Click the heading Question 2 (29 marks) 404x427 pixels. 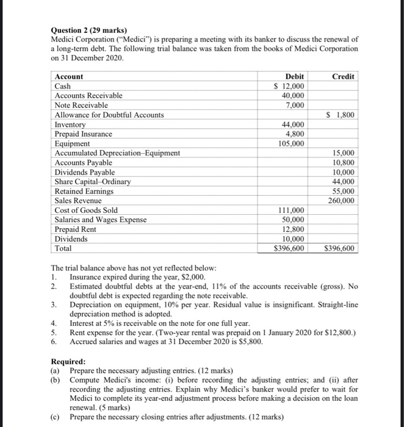pyautogui.click(x=88, y=29)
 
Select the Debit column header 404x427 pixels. pyautogui.click(x=295, y=76)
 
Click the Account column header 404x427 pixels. pyautogui.click(x=69, y=77)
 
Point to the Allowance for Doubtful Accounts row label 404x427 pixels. pyautogui.click(x=109, y=115)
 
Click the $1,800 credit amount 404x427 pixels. pyautogui.click(x=342, y=115)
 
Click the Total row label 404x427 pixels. pyautogui.click(x=63, y=248)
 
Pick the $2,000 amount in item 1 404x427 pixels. pyautogui.click(x=191, y=276)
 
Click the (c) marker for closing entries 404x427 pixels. pyautogui.click(x=56, y=417)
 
